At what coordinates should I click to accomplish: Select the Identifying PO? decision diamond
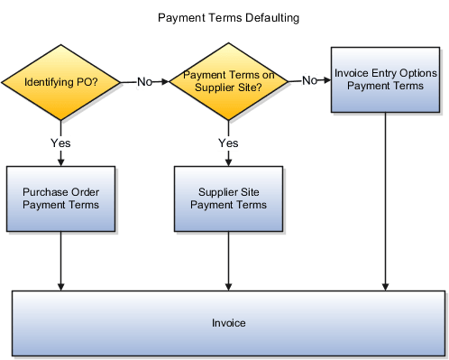pos(60,82)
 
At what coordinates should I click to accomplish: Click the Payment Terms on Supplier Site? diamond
pos(228,82)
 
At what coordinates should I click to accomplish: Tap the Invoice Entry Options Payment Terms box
pos(385,79)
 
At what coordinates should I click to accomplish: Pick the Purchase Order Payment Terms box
pos(60,198)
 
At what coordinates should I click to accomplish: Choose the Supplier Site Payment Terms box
pos(228,198)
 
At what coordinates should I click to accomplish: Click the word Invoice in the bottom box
pos(229,322)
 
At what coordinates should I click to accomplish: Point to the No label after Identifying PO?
pos(145,82)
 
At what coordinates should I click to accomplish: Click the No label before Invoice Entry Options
pos(310,80)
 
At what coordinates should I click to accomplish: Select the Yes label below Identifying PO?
pos(60,143)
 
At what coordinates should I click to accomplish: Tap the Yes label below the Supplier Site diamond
pos(228,143)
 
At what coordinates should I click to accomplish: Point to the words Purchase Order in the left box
pos(60,191)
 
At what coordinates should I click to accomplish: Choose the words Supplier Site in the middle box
pos(228,191)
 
